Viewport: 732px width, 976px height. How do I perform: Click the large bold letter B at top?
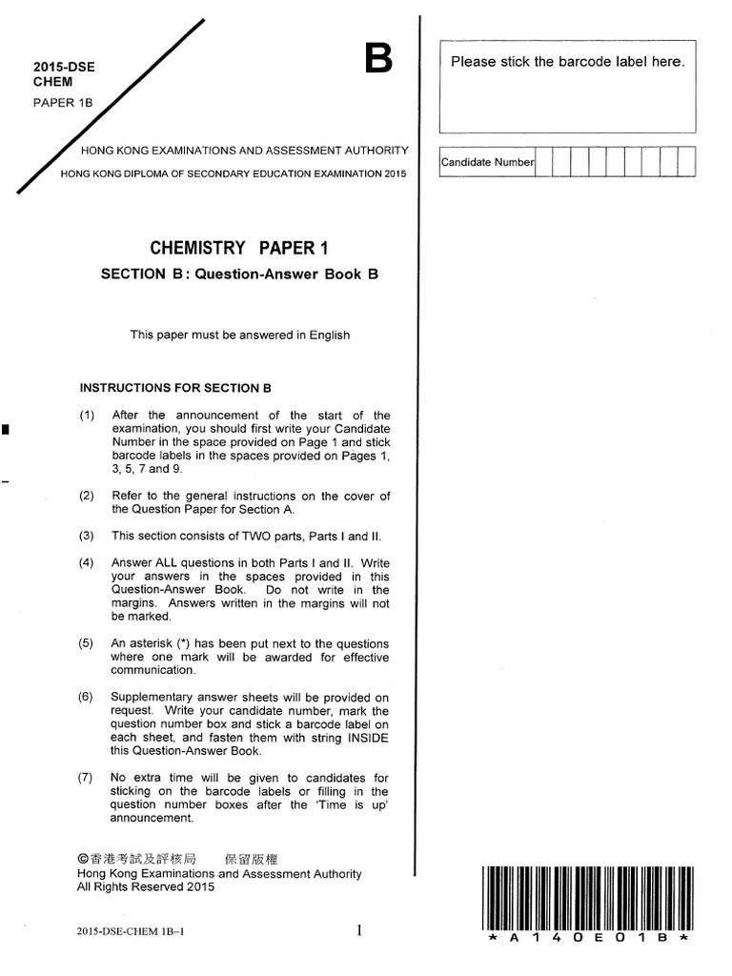[378, 61]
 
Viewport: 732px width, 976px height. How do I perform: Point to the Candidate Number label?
[487, 162]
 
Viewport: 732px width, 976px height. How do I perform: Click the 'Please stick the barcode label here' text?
[567, 62]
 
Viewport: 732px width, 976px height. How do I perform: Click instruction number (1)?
[87, 416]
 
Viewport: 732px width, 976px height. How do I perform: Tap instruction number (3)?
[87, 536]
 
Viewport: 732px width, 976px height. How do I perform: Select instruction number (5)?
[87, 643]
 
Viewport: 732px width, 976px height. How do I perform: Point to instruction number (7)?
[87, 778]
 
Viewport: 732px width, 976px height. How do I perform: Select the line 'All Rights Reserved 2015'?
[146, 887]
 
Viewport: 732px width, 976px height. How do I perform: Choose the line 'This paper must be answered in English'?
[240, 335]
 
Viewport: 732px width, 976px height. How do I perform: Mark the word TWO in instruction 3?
[264, 536]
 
